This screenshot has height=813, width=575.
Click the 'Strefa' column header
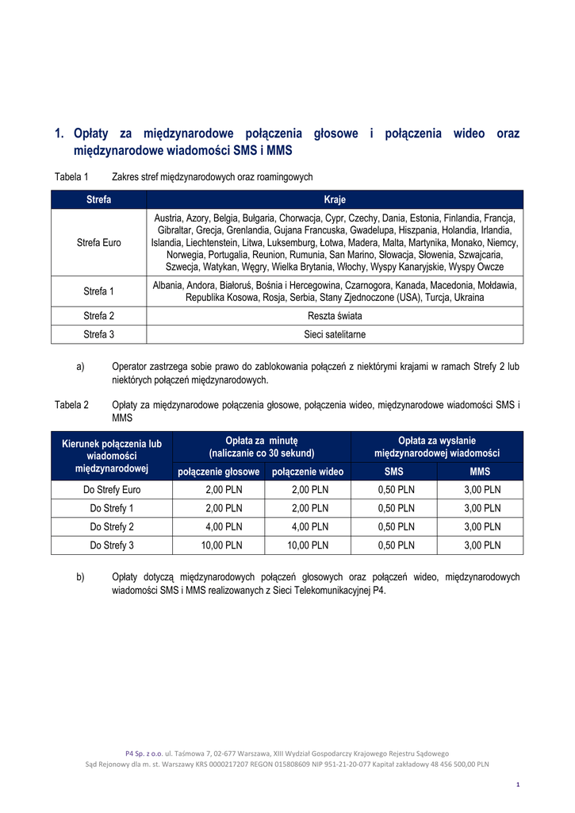[x=99, y=199]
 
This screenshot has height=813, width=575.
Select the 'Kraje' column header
[x=335, y=199]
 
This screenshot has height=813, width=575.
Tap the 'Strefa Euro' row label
[x=99, y=242]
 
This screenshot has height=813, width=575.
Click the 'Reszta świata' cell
[x=335, y=315]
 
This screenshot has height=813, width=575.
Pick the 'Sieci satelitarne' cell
[x=335, y=334]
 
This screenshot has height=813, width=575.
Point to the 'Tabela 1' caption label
[x=71, y=176]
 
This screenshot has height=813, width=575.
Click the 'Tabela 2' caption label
[x=71, y=405]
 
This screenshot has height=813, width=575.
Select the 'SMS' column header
[x=394, y=472]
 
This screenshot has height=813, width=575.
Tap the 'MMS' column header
[x=481, y=472]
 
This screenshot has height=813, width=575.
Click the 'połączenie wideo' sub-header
[x=308, y=472]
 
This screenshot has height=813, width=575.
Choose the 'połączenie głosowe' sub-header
[x=219, y=472]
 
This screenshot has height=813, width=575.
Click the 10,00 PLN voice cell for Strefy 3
[x=219, y=545]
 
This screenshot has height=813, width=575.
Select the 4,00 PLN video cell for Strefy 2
[x=308, y=526]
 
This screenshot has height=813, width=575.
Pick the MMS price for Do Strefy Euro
[x=481, y=490]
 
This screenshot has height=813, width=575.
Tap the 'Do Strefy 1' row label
[x=112, y=508]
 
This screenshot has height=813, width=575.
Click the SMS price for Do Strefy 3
[x=394, y=545]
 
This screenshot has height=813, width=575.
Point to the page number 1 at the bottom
[x=517, y=785]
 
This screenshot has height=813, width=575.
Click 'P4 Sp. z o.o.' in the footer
[x=144, y=753]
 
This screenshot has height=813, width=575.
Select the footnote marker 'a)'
[x=80, y=366]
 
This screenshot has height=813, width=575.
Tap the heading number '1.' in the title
[x=59, y=133]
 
